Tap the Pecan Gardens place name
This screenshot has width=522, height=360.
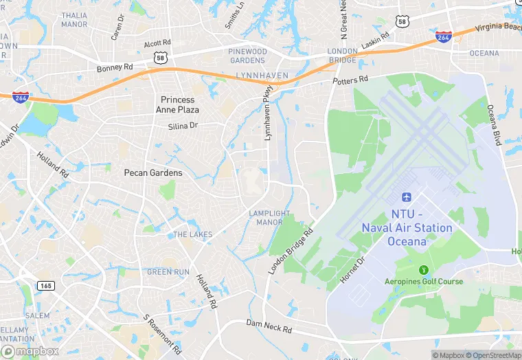153,172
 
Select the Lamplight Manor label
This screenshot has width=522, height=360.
269,218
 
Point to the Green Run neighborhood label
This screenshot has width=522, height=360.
168,272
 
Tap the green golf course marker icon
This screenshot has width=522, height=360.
423,268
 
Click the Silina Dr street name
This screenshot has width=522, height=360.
183,126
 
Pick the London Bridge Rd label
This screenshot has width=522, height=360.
291,251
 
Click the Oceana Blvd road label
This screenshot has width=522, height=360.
494,124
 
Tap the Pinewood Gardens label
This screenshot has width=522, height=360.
247,56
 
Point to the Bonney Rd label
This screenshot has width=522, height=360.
115,67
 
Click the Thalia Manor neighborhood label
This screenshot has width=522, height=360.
74,19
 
